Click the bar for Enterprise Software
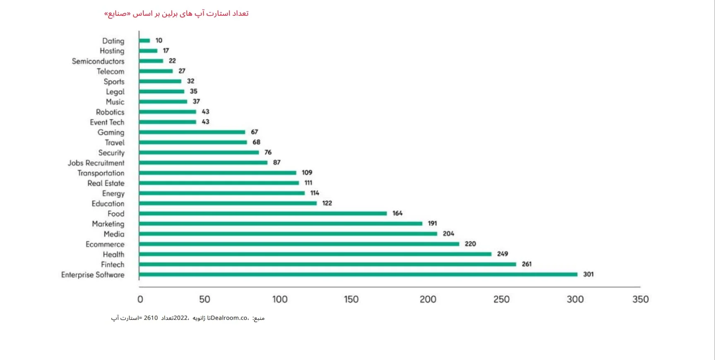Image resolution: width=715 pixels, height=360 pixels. point(358,274)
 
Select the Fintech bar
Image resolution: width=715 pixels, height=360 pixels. point(327,264)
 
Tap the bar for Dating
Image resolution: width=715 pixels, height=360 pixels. point(144,41)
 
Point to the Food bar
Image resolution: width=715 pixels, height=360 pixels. point(263,214)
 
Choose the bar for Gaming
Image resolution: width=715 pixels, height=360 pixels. point(192,132)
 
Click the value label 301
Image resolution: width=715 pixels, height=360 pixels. point(588,274)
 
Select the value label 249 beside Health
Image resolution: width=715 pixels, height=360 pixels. point(503,254)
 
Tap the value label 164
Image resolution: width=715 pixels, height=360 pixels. point(397,214)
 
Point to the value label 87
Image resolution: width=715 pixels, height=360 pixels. point(277,163)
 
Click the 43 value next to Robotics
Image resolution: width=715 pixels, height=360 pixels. point(205,112)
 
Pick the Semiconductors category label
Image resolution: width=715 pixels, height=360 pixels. point(98,61)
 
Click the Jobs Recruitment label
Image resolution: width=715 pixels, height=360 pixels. point(96,163)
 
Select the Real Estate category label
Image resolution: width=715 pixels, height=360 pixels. point(106,183)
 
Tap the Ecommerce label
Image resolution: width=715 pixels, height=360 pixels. point(105,245)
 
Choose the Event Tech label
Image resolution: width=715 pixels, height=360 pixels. point(107,122)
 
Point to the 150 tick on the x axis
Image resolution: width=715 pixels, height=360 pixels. point(351,299)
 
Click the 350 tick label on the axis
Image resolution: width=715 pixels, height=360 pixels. point(640,299)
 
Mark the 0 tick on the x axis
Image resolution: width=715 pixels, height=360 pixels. point(140,299)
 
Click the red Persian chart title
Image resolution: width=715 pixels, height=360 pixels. point(176,14)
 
